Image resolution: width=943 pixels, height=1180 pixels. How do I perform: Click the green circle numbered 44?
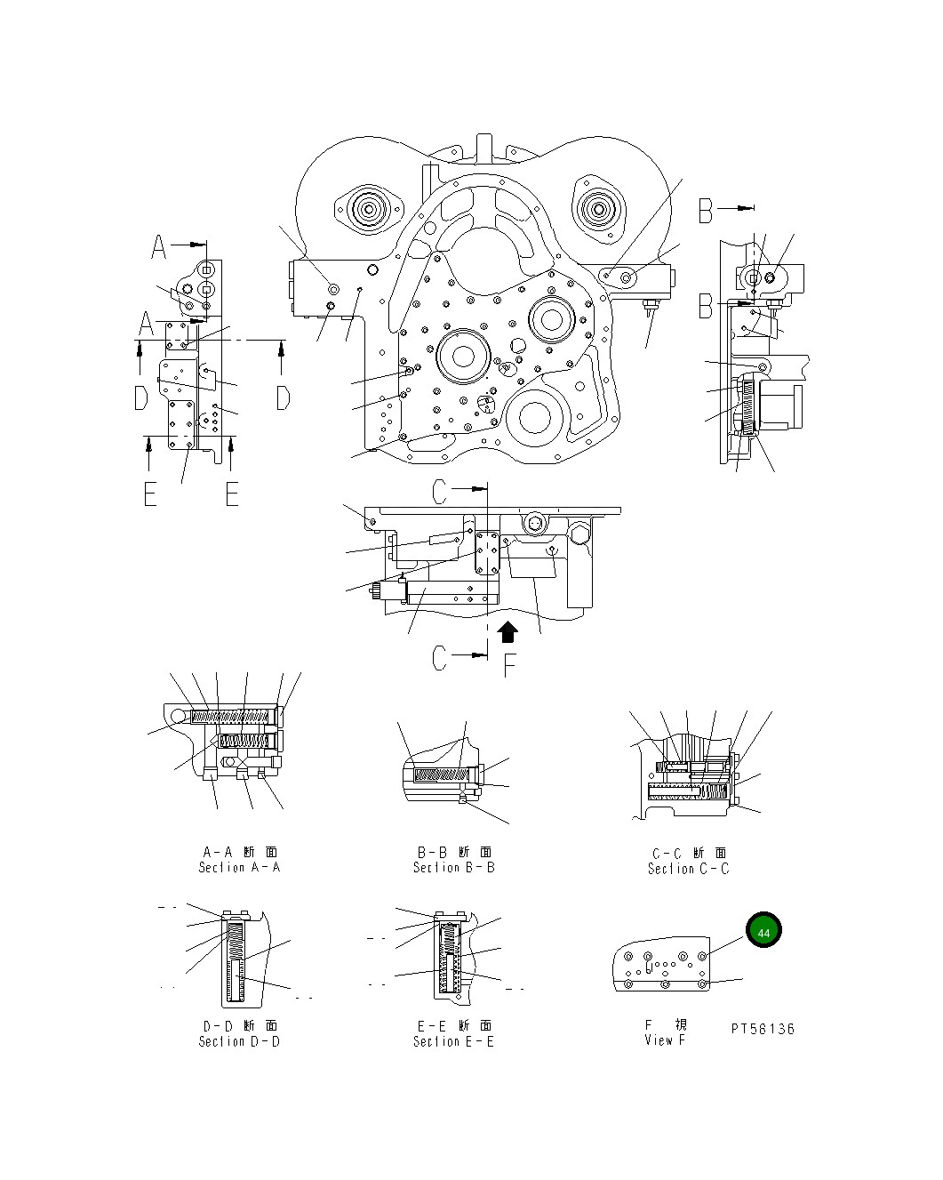763,931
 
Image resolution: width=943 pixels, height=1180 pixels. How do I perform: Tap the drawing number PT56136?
763,1029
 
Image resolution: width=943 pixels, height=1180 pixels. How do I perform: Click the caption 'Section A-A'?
239,867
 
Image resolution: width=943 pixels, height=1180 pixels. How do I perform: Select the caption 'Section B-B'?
453,867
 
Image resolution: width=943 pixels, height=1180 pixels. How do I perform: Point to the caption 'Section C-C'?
688,869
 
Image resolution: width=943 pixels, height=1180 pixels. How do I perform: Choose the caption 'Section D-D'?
239,1041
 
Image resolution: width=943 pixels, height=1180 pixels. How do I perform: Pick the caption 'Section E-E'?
453,1041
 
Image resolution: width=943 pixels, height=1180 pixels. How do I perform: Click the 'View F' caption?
665,1040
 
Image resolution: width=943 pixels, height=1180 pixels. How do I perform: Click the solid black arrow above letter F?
507,632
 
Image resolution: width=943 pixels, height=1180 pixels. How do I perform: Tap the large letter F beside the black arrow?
510,665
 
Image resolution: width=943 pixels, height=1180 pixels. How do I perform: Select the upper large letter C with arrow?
442,490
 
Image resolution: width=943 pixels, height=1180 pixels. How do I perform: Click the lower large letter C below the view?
441,658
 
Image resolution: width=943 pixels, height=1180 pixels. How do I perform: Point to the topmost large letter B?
706,211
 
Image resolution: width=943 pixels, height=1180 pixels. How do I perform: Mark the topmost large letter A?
158,246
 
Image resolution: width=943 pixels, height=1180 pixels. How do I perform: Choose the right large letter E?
232,494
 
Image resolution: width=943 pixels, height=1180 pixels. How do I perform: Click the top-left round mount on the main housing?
368,212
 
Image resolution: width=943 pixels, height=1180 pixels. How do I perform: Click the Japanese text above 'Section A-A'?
239,852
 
